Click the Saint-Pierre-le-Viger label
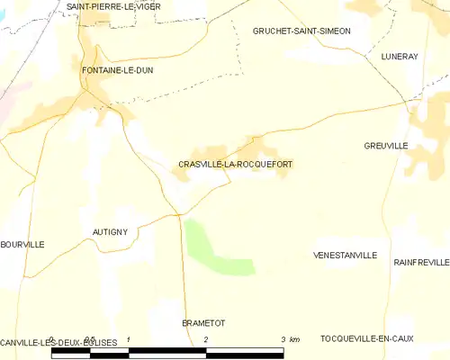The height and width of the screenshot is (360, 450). click(106, 5)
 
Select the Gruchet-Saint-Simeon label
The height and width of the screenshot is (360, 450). click(301, 31)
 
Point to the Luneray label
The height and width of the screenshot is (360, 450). click(400, 56)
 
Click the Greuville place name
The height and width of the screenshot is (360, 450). click(386, 146)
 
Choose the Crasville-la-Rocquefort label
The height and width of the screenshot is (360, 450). click(235, 165)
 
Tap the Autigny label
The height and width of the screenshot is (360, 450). click(111, 231)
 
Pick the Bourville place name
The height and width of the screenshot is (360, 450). click(22, 244)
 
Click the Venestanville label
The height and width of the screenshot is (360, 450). click(345, 256)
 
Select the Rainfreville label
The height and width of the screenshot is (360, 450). click(421, 262)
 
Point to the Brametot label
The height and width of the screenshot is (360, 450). click(203, 322)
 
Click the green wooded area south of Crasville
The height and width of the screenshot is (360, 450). click(216, 247)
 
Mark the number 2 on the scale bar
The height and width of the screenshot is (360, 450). click(206, 338)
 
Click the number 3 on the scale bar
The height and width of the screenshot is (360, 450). click(283, 338)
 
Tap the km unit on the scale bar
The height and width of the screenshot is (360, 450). click(295, 338)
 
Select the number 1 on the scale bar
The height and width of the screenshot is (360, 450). click(130, 338)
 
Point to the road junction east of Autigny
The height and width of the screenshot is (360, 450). click(180, 214)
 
